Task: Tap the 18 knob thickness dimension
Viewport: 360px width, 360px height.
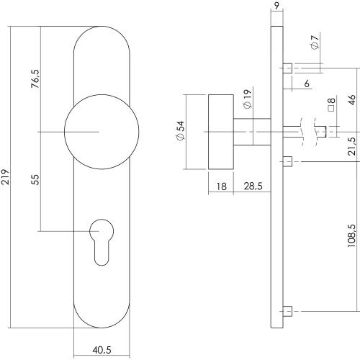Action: click(x=221, y=186)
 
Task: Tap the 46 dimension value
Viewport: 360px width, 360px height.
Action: click(x=351, y=100)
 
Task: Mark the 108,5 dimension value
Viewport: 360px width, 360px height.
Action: click(x=351, y=235)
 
